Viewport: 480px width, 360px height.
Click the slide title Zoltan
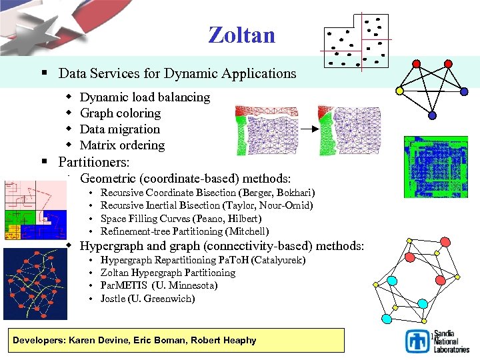coord(241,35)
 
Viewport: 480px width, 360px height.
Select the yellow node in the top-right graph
coord(399,90)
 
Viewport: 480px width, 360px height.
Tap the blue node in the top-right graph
coord(432,115)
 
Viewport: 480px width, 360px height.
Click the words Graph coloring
coord(120,113)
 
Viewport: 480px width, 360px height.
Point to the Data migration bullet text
coord(120,129)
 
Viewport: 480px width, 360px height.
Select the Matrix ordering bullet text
coord(122,145)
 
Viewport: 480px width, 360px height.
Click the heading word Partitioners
coord(93,162)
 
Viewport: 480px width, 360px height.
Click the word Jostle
coord(113,299)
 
